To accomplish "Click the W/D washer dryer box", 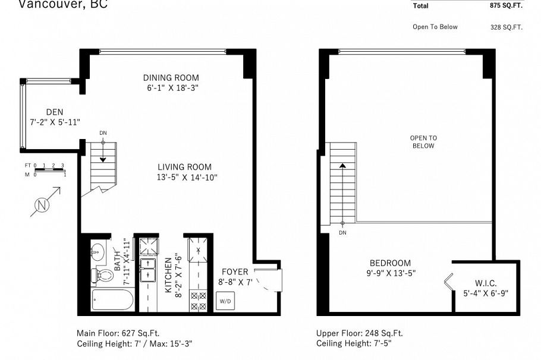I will point(225,301).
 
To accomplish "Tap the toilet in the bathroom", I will point(103,275).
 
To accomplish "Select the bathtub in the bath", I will point(113,300).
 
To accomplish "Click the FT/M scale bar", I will point(49,170).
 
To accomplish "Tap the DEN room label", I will point(54,112).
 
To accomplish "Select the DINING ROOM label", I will point(171,78).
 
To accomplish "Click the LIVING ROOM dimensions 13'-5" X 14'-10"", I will point(184,178).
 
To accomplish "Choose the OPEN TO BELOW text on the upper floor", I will point(423,142).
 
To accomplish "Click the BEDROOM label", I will point(390,263).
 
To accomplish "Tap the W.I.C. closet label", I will point(486,283).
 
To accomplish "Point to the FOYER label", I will point(234,272).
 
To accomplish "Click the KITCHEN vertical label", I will point(168,274).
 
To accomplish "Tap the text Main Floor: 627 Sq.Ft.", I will point(118,333).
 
